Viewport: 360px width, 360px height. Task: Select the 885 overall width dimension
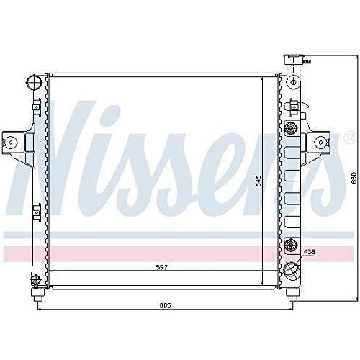coord(165,305)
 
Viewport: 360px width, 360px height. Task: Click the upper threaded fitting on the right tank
coord(291,130)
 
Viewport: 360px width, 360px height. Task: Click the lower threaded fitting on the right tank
coord(291,246)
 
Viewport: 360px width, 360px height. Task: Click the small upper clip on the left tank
coord(34,108)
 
